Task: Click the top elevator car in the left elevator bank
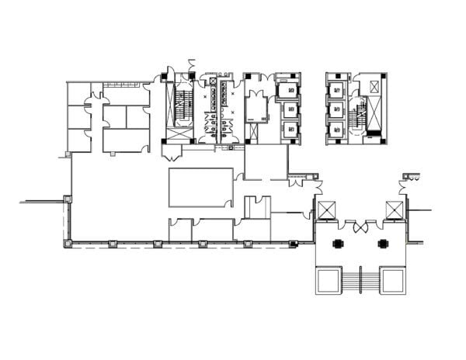(x=287, y=89)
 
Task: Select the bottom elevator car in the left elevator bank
(x=287, y=129)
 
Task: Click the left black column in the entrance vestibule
(x=338, y=244)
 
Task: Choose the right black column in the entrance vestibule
(x=382, y=244)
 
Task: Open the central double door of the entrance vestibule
(x=360, y=228)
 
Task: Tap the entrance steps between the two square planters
(x=360, y=279)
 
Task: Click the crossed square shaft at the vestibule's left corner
(x=325, y=209)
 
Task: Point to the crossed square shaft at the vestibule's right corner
(x=395, y=209)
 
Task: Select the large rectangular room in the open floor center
(x=200, y=187)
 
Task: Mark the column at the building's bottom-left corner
(x=67, y=244)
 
